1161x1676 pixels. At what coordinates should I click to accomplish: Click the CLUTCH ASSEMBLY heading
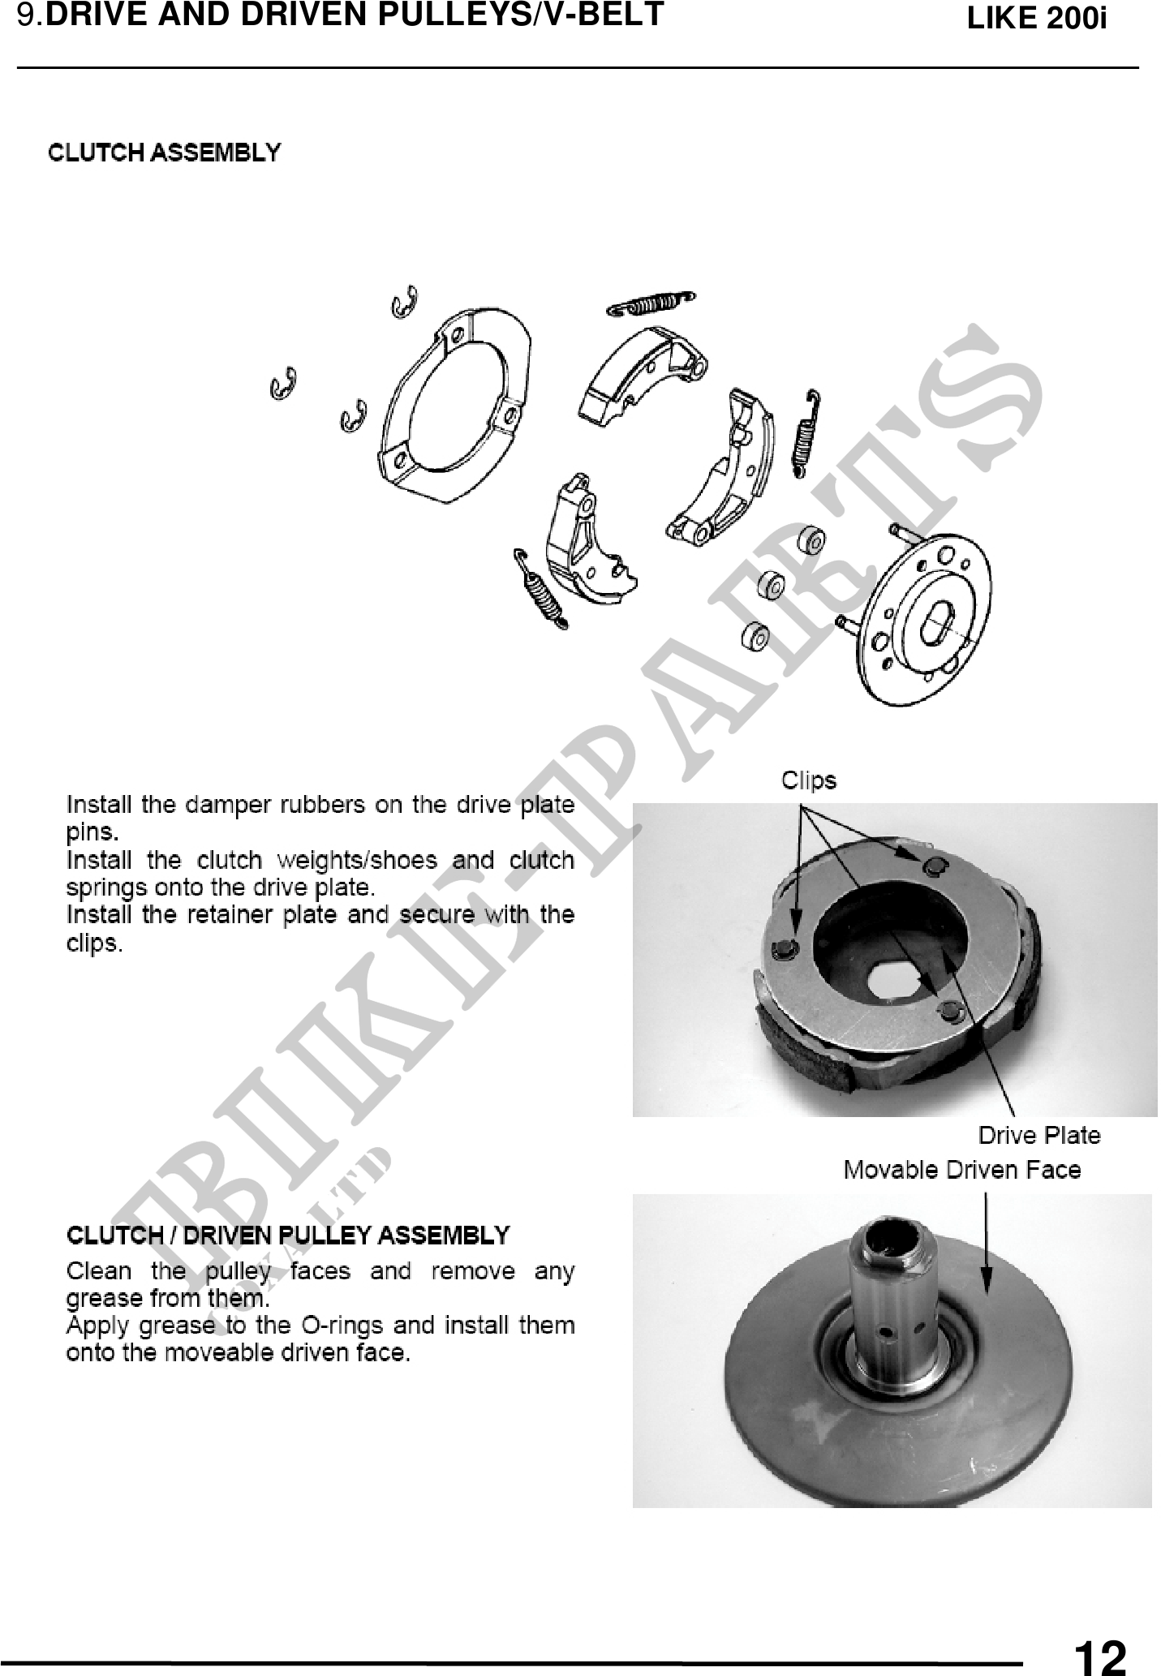[x=165, y=153]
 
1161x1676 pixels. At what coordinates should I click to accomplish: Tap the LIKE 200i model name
[x=1037, y=19]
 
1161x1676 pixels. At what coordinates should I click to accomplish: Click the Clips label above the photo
[x=809, y=780]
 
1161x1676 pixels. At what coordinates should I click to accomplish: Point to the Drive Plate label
[x=1039, y=1135]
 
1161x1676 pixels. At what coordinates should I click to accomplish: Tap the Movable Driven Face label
[x=962, y=1170]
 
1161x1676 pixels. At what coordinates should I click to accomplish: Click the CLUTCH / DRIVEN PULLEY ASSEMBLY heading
[x=288, y=1236]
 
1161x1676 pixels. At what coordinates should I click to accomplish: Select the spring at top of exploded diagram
[x=651, y=303]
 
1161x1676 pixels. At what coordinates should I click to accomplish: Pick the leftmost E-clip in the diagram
[x=283, y=384]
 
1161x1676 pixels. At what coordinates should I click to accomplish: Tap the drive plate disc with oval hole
[x=928, y=618]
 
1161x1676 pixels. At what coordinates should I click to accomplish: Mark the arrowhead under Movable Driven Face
[x=987, y=1290]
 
